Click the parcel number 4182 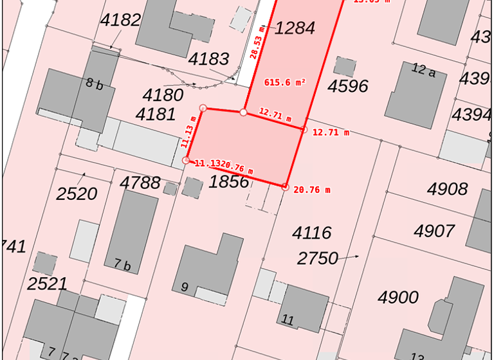(x=120, y=20)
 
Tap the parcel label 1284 (x=295, y=28)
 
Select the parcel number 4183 (x=208, y=59)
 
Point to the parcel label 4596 (x=347, y=86)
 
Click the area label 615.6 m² (x=285, y=82)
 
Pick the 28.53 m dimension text (x=257, y=43)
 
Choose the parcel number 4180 (x=163, y=95)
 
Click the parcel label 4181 (x=156, y=114)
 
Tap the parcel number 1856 (x=228, y=181)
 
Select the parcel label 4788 (x=140, y=183)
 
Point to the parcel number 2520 (x=77, y=194)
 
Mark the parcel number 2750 (x=318, y=258)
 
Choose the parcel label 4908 (x=448, y=189)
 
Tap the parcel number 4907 (x=434, y=231)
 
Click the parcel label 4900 (x=398, y=298)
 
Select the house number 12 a (x=423, y=71)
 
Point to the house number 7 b (x=122, y=264)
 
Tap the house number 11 (x=288, y=319)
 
